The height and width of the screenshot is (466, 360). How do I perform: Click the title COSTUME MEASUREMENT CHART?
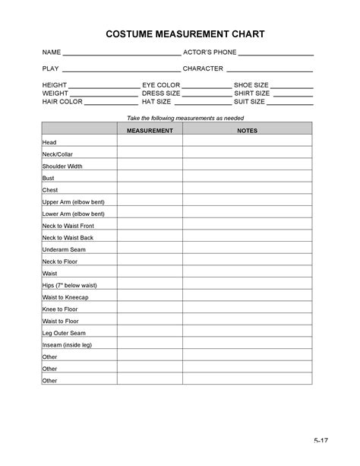(179, 35)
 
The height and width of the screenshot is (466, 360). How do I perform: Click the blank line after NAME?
(120, 55)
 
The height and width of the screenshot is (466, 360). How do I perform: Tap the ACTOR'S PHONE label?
(210, 52)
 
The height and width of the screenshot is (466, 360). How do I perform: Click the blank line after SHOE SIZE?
(292, 87)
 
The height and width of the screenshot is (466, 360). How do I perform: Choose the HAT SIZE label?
(156, 101)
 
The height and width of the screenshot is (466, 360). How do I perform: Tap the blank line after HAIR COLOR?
(110, 103)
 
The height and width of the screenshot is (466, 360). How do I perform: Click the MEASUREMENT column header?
(150, 131)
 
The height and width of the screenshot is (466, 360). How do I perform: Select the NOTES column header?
(248, 131)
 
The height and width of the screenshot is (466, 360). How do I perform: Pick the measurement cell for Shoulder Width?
(150, 166)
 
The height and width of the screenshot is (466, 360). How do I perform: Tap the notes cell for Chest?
(248, 189)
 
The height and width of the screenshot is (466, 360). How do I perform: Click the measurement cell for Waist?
(150, 272)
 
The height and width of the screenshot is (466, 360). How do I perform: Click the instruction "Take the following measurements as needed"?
(179, 117)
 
